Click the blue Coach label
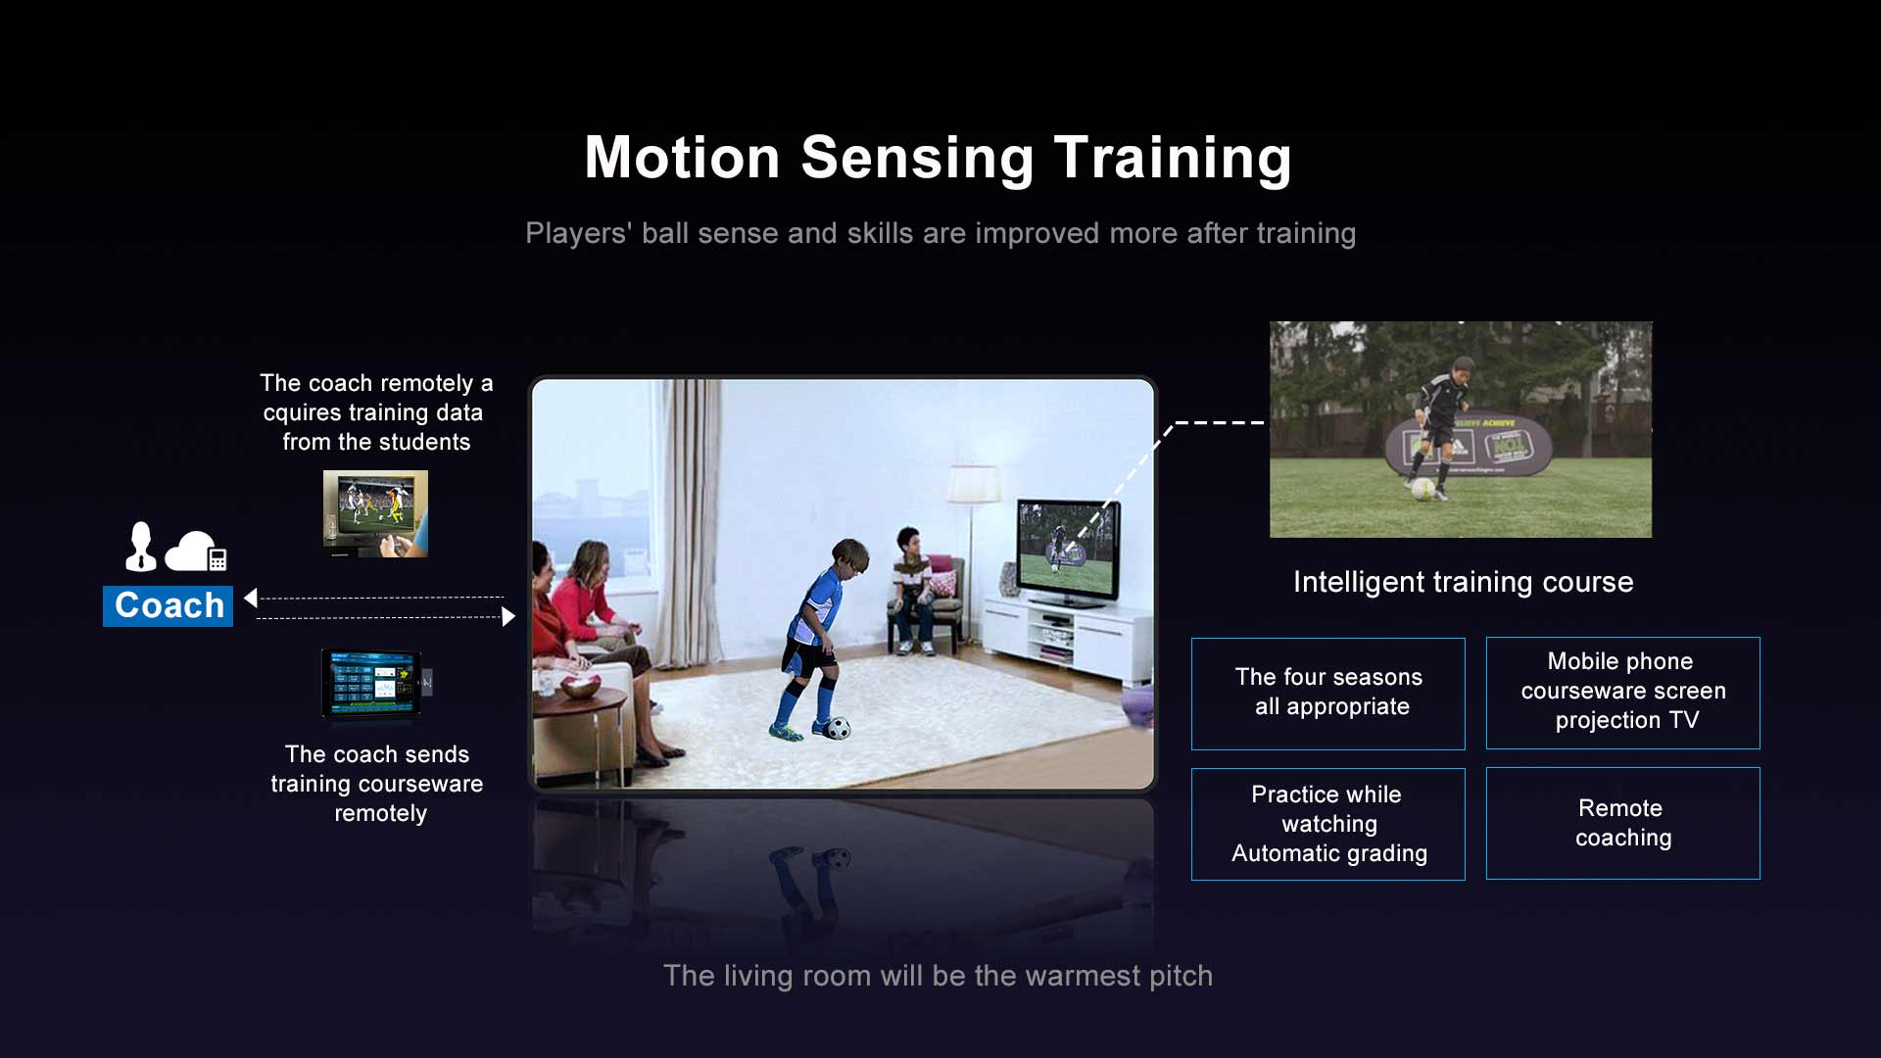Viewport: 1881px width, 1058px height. tap(168, 605)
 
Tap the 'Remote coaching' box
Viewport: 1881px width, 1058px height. tap(1622, 823)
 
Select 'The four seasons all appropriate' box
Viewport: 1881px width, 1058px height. tap(1327, 694)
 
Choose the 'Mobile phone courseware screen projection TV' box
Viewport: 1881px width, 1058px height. tap(1622, 693)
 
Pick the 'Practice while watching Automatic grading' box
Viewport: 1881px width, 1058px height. tap(1327, 824)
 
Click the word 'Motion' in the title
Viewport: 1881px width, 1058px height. tap(682, 158)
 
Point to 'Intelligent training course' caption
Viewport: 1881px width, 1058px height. tap(1463, 582)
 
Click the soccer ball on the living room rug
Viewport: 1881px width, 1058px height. tap(838, 728)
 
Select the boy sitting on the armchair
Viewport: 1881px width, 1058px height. tap(912, 589)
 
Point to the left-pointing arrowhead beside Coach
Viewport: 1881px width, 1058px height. tap(251, 598)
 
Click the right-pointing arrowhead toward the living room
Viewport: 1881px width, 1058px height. tap(508, 616)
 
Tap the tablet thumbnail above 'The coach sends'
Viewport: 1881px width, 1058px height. tap(376, 684)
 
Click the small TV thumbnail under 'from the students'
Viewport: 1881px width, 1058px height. tap(375, 514)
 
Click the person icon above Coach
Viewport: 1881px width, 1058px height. tap(141, 546)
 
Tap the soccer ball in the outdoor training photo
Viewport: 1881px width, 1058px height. tap(1423, 489)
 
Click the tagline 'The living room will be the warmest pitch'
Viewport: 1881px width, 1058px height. tap(938, 976)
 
